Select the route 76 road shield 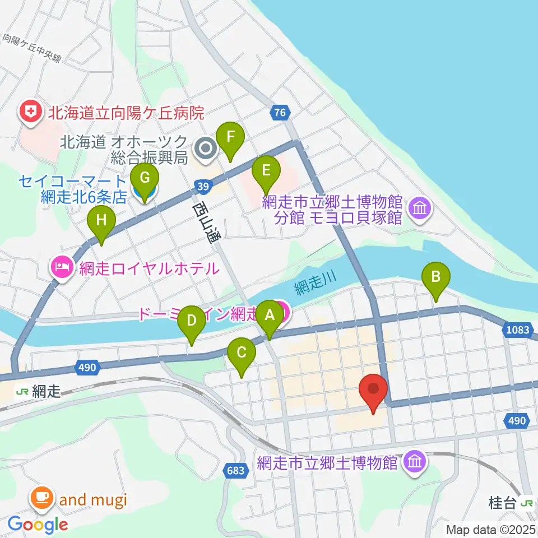(280, 113)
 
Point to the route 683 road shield (235, 470)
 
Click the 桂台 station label (501, 503)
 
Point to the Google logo (38, 525)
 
